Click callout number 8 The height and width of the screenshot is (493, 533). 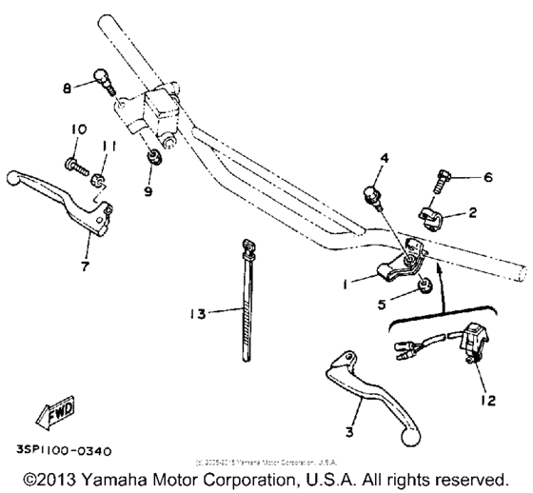pos(66,88)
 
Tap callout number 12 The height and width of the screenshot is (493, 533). pos(487,402)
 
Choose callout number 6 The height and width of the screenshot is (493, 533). pos(489,176)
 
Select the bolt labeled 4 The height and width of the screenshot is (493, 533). pos(373,197)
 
